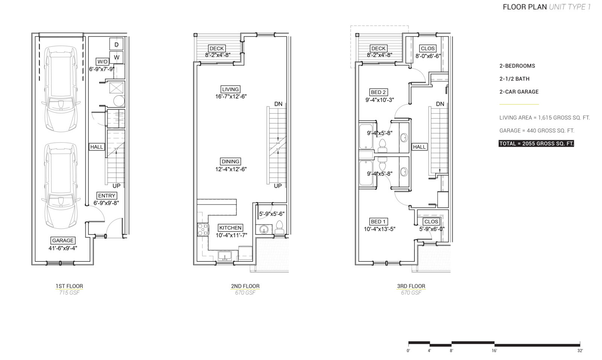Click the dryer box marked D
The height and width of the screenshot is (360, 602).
click(116, 44)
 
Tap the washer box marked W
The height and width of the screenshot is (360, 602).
click(116, 57)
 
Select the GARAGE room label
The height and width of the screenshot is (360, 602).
click(63, 240)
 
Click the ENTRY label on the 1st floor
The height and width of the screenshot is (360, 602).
click(107, 196)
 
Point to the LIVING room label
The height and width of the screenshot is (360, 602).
click(230, 89)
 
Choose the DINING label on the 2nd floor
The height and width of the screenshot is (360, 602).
click(231, 161)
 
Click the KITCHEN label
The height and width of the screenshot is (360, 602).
click(230, 228)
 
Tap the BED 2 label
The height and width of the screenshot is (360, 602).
click(379, 92)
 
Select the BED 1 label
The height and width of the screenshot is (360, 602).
click(379, 222)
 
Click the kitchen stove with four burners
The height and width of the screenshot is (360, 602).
click(203, 230)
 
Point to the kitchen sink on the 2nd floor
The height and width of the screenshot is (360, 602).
click(225, 256)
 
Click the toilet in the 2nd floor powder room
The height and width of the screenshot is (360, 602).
click(280, 228)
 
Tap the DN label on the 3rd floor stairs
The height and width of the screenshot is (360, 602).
click(440, 104)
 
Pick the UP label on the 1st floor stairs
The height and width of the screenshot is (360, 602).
click(116, 185)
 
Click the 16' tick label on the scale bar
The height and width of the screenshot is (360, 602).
click(494, 351)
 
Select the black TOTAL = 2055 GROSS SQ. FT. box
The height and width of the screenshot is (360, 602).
click(536, 143)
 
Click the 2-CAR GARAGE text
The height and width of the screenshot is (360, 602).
click(519, 92)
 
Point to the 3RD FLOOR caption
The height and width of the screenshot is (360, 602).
click(411, 286)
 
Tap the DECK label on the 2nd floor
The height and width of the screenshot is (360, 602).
click(217, 49)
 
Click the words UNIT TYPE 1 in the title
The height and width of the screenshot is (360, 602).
click(570, 7)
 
